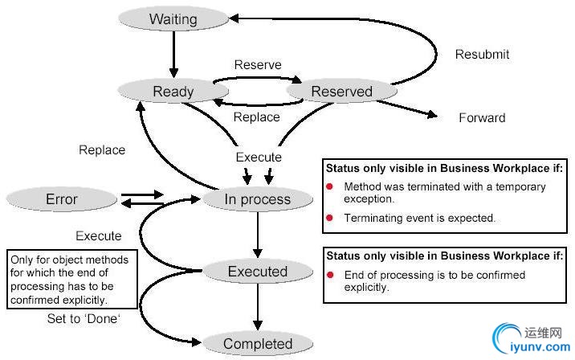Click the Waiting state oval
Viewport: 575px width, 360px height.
pyautogui.click(x=173, y=18)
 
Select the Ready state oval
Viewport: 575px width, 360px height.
pyautogui.click(x=173, y=91)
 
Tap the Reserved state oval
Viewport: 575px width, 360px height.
pyautogui.click(x=341, y=91)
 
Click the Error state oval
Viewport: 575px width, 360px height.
pyautogui.click(x=62, y=198)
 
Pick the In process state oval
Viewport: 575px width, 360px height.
pyautogui.click(x=257, y=199)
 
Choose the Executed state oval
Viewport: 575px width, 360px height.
pyautogui.click(x=257, y=271)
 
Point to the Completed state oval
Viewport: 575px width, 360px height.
pyautogui.click(x=257, y=344)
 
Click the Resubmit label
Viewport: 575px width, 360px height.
pyautogui.click(x=482, y=55)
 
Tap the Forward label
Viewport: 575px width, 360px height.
pyautogui.click(x=482, y=117)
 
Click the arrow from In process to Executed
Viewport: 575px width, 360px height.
pyautogui.click(x=257, y=235)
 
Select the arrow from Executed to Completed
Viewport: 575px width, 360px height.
pyautogui.click(x=257, y=307)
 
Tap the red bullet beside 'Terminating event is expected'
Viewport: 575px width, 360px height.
pyautogui.click(x=330, y=218)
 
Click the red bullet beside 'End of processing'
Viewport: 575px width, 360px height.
pyautogui.click(x=330, y=275)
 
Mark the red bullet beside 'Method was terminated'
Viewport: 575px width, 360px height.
pyautogui.click(x=330, y=186)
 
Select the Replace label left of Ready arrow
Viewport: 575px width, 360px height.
pyautogui.click(x=102, y=149)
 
